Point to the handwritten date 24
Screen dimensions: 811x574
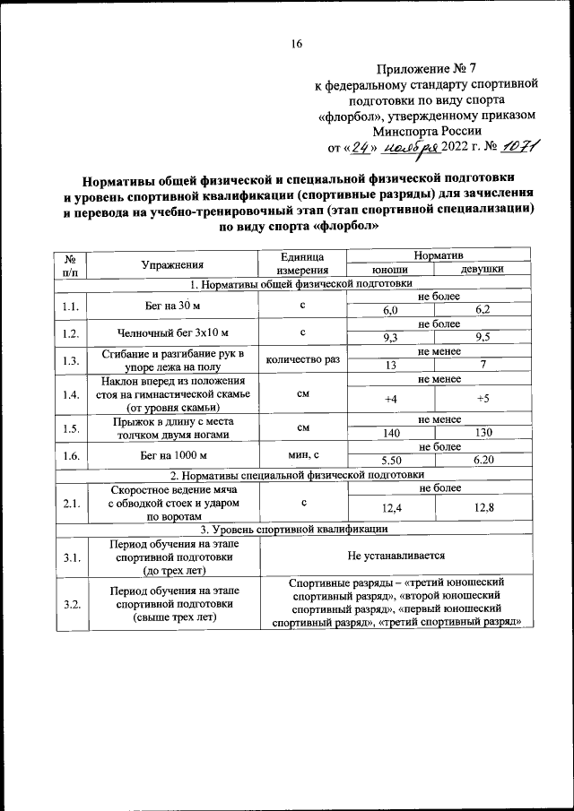(360, 148)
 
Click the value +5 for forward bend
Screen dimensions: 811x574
(483, 399)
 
